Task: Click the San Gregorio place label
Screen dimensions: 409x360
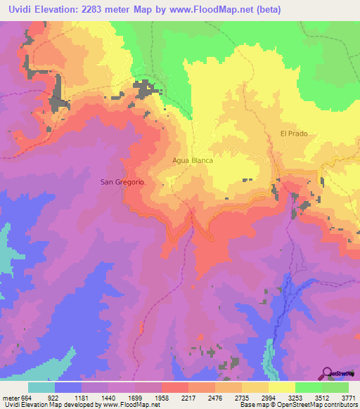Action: click(x=122, y=182)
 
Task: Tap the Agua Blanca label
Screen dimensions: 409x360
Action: click(x=193, y=160)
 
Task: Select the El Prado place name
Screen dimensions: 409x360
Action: click(x=294, y=134)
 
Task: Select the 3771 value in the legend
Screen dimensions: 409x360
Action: click(x=349, y=397)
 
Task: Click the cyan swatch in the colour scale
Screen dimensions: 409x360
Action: click(x=41, y=387)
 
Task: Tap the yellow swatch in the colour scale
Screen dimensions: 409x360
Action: click(x=281, y=387)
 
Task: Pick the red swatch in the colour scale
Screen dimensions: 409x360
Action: click(x=175, y=387)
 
